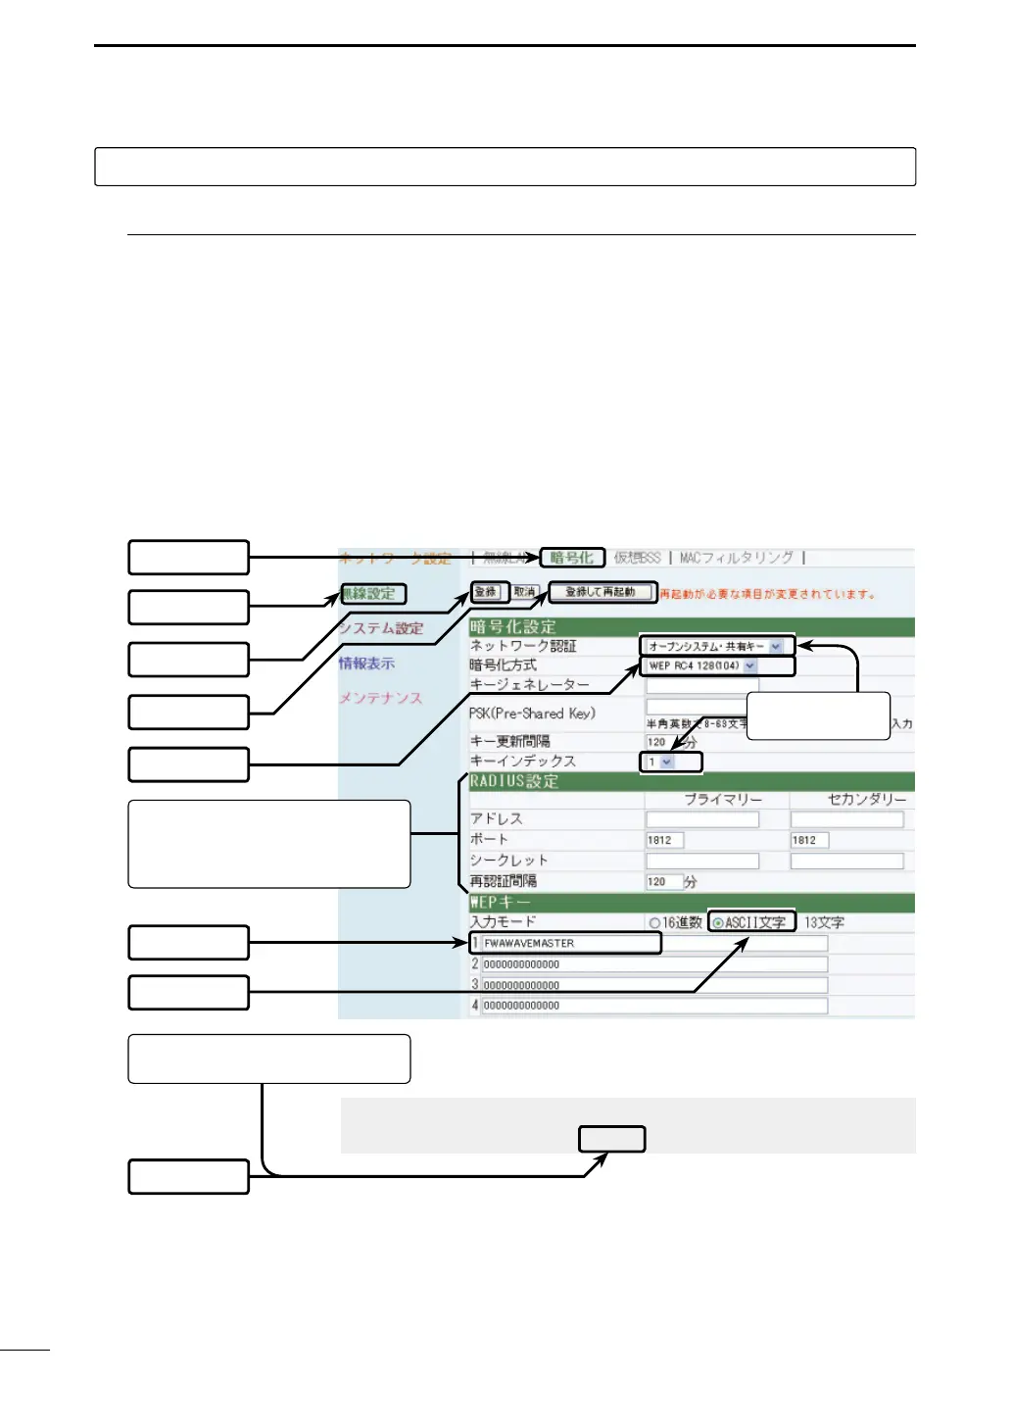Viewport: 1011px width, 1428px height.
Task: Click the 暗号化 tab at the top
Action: [571, 558]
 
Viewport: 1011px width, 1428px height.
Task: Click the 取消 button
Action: [525, 592]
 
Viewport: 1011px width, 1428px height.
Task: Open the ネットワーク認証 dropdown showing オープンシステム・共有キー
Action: [715, 647]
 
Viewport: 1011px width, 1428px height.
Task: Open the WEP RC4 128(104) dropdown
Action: [702, 665]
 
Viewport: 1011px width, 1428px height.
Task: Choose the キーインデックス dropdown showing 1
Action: [660, 762]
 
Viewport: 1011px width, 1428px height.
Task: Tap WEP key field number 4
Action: [654, 1006]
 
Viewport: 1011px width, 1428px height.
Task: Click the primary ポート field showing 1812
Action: [664, 840]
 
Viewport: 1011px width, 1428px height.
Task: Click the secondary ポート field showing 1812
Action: [809, 840]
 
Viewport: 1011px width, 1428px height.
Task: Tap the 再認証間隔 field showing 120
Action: [662, 882]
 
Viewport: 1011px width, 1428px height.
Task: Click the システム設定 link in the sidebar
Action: [381, 629]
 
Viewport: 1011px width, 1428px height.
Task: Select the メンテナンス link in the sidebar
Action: [380, 698]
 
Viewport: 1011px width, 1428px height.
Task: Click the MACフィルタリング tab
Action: [736, 558]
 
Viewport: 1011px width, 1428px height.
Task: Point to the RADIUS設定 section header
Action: [514, 781]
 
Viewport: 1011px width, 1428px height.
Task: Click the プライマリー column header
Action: [722, 800]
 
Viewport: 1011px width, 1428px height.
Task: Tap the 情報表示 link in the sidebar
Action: [366, 664]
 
